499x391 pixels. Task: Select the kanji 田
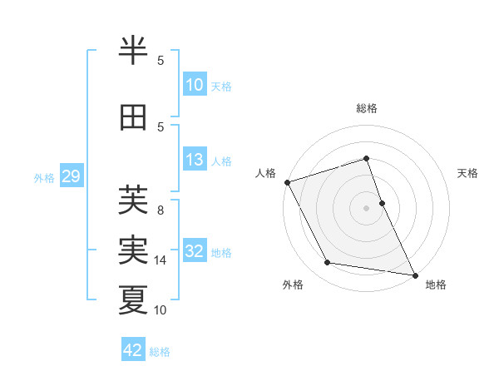click(x=133, y=118)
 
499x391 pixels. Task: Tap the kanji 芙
click(x=133, y=200)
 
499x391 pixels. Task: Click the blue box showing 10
click(x=195, y=85)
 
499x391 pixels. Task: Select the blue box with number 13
click(x=195, y=160)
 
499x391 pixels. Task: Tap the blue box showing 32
click(x=195, y=251)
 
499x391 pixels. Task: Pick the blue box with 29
click(x=71, y=176)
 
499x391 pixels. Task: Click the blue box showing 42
click(x=133, y=350)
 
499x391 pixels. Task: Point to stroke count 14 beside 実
click(x=161, y=260)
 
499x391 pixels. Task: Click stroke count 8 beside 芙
click(x=161, y=210)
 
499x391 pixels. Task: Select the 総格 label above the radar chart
click(x=367, y=108)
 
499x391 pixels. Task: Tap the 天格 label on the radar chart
click(x=467, y=173)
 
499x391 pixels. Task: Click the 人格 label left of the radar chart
click(x=265, y=173)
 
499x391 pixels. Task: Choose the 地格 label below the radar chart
click(x=436, y=285)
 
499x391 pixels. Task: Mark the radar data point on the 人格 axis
click(x=288, y=182)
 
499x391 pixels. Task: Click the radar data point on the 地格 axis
click(x=415, y=275)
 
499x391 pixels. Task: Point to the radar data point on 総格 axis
click(x=367, y=159)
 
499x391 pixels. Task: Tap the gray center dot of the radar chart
click(x=367, y=207)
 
